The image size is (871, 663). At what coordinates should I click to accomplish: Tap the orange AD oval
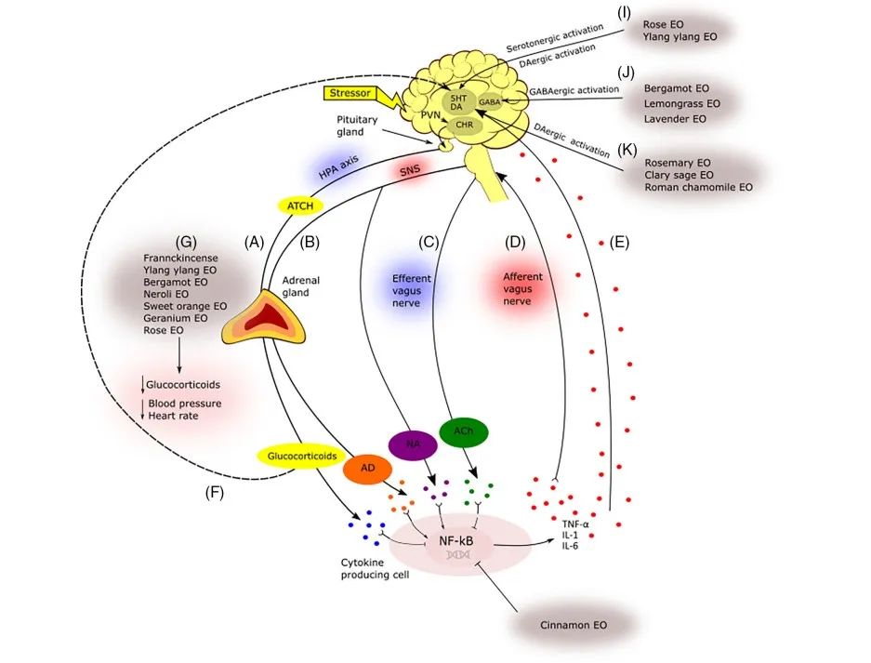pos(367,471)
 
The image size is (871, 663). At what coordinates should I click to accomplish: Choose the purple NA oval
pos(414,444)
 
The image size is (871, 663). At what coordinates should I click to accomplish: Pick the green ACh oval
pos(463,431)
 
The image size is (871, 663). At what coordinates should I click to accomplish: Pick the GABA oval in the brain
pos(489,101)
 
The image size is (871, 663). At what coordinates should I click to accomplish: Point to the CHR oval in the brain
pos(465,121)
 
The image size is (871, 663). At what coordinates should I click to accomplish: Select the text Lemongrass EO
pos(681,103)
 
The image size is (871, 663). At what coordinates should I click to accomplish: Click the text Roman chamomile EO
pos(698,187)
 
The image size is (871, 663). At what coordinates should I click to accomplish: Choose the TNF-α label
pos(576,524)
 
